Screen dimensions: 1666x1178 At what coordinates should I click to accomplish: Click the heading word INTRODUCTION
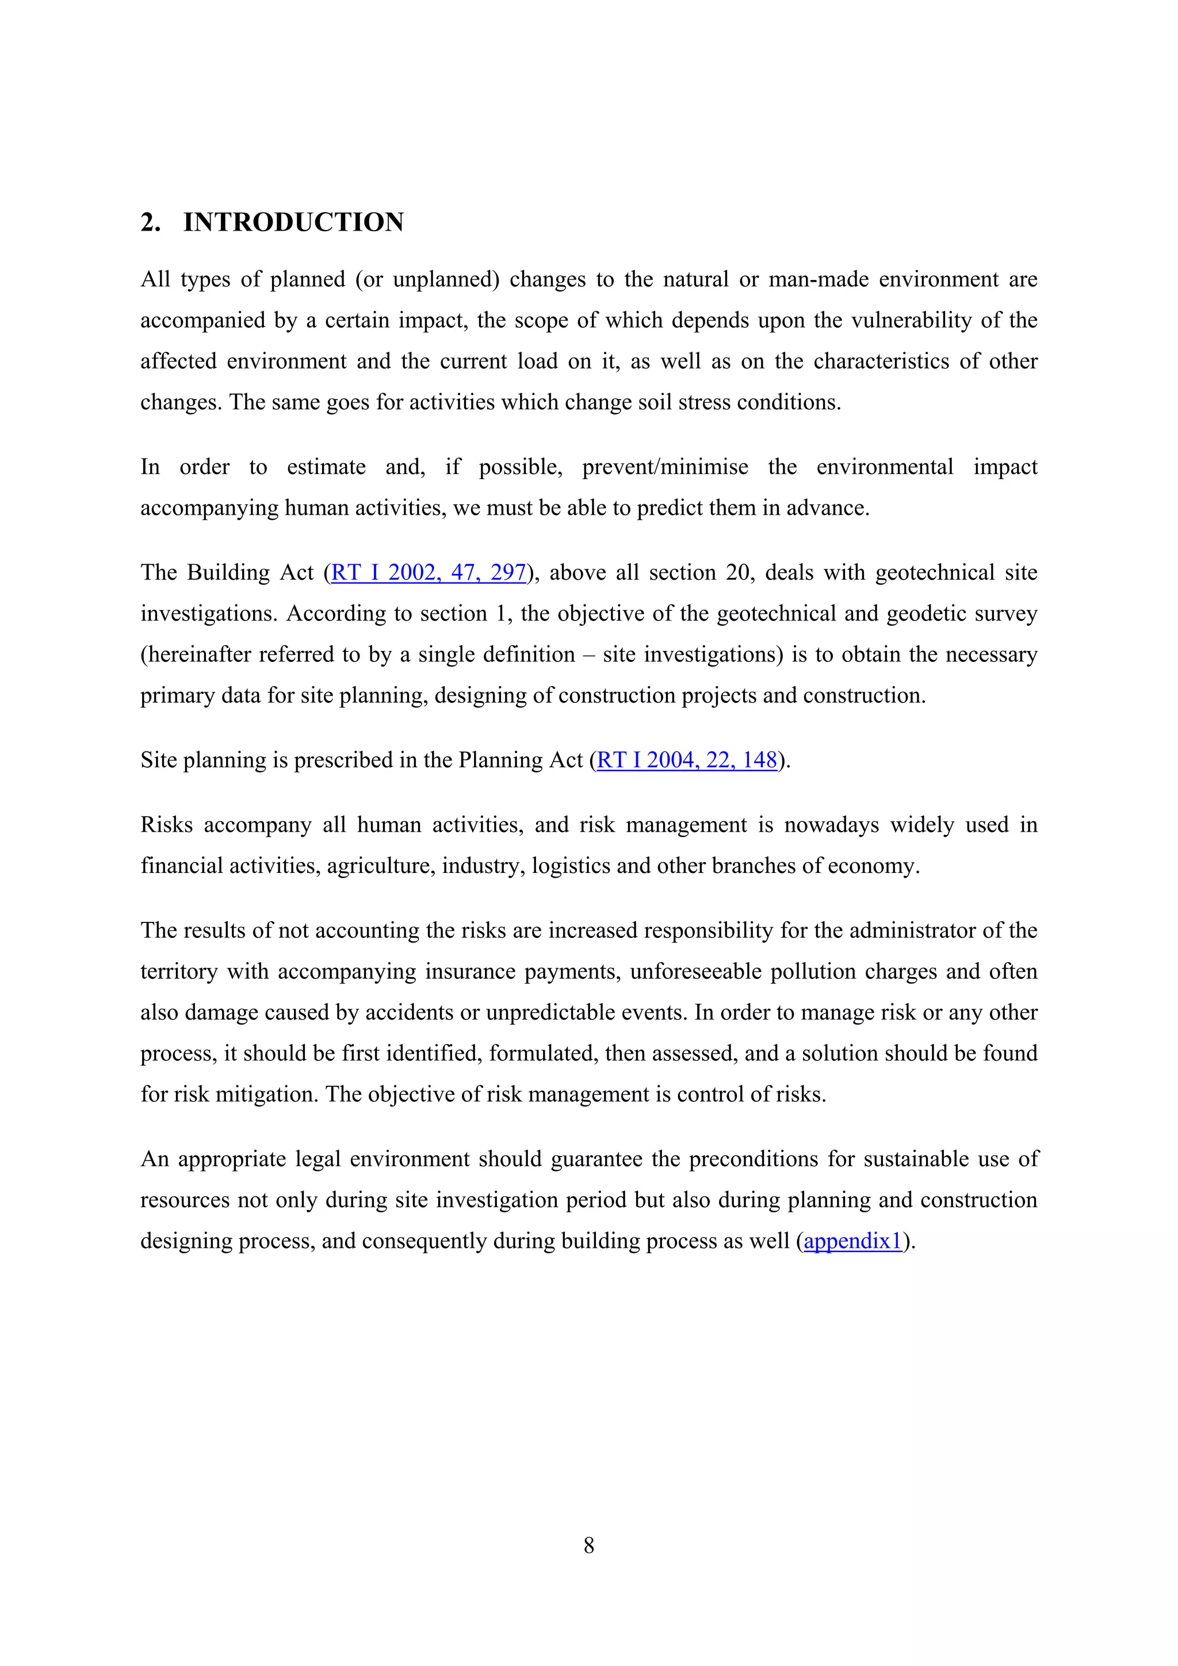point(293,222)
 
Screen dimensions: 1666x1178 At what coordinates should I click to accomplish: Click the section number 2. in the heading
point(150,222)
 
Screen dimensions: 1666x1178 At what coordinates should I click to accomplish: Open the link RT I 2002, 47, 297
point(428,573)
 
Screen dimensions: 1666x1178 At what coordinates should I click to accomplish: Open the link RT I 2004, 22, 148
point(687,760)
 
